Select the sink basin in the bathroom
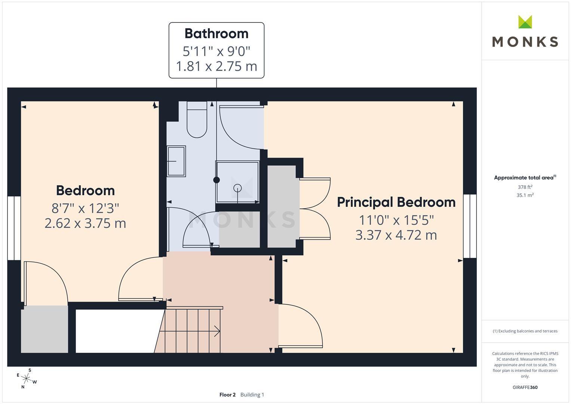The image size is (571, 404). (x=176, y=161)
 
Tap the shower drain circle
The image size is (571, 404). (x=237, y=188)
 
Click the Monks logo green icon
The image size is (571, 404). (x=525, y=22)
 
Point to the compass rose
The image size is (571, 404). (x=26, y=378)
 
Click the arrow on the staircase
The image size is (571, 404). (x=216, y=331)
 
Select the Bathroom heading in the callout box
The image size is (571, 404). (x=217, y=34)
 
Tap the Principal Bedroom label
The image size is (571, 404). (x=396, y=202)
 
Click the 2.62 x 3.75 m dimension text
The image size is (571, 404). (x=85, y=223)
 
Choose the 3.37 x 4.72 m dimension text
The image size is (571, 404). (x=396, y=235)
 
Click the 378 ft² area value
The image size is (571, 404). (x=525, y=187)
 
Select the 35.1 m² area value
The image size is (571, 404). (x=525, y=195)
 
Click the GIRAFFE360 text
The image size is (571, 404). (x=525, y=388)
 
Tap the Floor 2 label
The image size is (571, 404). (x=227, y=395)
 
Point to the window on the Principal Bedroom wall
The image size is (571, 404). (x=470, y=226)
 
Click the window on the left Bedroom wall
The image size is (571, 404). (x=14, y=228)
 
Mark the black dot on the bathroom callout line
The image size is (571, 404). (x=217, y=180)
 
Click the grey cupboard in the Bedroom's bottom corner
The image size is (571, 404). (x=44, y=329)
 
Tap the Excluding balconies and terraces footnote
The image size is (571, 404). (x=525, y=331)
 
